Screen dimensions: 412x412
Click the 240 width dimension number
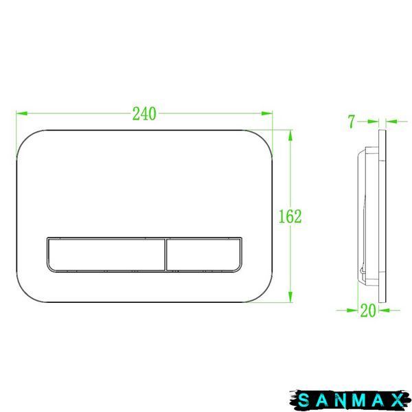[x=144, y=114]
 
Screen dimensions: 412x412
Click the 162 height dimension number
[x=290, y=216]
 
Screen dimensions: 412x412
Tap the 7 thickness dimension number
[x=352, y=122]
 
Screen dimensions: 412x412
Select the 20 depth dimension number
[x=368, y=310]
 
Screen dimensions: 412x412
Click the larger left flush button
[x=106, y=254]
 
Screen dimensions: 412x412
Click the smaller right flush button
[x=204, y=254]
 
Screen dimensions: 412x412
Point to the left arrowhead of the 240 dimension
[x=21, y=113]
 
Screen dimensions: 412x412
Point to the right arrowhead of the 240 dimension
[x=267, y=113]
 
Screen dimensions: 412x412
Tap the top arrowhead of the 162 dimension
[x=290, y=135]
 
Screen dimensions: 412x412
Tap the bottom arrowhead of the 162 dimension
[x=290, y=297]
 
